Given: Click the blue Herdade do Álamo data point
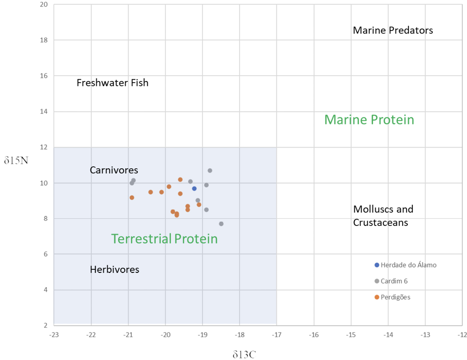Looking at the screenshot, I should [x=194, y=189].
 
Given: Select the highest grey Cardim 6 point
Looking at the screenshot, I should [x=210, y=170].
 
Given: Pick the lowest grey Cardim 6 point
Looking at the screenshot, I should [x=221, y=224].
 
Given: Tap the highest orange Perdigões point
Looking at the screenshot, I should [x=180, y=180].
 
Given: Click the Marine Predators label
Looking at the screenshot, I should [x=393, y=30].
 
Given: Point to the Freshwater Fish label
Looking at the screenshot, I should [x=112, y=83].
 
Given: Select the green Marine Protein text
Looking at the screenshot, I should [x=369, y=120].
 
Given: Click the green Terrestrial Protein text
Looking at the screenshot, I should [x=164, y=239].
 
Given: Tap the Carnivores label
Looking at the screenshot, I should [x=114, y=170].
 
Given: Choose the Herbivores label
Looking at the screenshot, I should [x=114, y=269].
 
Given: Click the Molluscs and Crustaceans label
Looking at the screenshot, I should [x=383, y=215].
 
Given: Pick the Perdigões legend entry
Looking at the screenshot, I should [x=395, y=297].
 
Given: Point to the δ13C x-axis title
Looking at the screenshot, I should [x=244, y=355].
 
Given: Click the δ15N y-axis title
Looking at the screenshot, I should [x=16, y=160].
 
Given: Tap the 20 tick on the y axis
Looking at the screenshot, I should [x=44, y=5].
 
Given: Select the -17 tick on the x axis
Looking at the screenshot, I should [x=276, y=335].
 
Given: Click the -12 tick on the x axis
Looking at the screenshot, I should [x=461, y=335].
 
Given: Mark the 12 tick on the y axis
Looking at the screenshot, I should [x=44, y=147].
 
